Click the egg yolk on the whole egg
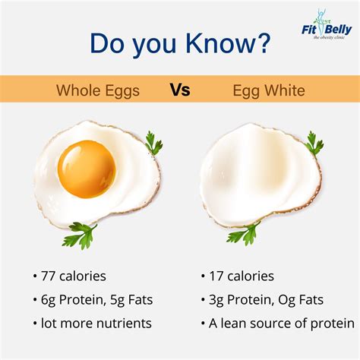87,169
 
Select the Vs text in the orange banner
180,90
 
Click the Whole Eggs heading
97,91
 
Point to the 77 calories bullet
71,276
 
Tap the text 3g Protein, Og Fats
262,299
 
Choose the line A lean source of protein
277,323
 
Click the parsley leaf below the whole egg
80,235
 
